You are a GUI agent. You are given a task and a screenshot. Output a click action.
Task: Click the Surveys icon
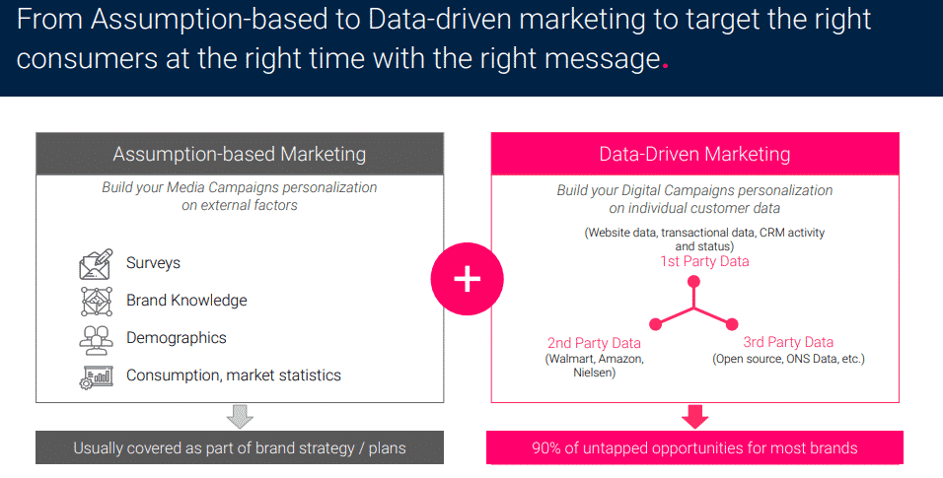96,264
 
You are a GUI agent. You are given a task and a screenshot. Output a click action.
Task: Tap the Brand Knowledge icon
96,301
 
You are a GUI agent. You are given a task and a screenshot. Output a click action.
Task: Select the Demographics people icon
96,338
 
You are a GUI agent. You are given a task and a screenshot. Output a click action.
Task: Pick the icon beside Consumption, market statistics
96,376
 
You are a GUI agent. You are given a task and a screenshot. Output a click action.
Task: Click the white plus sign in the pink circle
467,280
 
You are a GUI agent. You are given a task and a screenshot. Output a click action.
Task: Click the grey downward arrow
240,416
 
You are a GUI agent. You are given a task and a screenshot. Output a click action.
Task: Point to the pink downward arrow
695,416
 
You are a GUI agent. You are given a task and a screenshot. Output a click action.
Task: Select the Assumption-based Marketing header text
240,154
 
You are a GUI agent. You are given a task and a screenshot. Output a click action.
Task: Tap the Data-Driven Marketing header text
694,154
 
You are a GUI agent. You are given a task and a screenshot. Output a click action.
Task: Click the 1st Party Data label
704,261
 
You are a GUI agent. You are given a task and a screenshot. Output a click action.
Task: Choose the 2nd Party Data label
594,343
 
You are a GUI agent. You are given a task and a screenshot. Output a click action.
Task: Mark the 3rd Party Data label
788,342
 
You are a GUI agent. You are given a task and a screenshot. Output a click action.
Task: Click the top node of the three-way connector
693,283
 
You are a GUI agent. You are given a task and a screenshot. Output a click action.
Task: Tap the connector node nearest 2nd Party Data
655,323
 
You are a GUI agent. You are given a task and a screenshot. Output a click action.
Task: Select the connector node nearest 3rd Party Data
731,323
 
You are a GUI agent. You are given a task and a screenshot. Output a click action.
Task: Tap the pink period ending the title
665,66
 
